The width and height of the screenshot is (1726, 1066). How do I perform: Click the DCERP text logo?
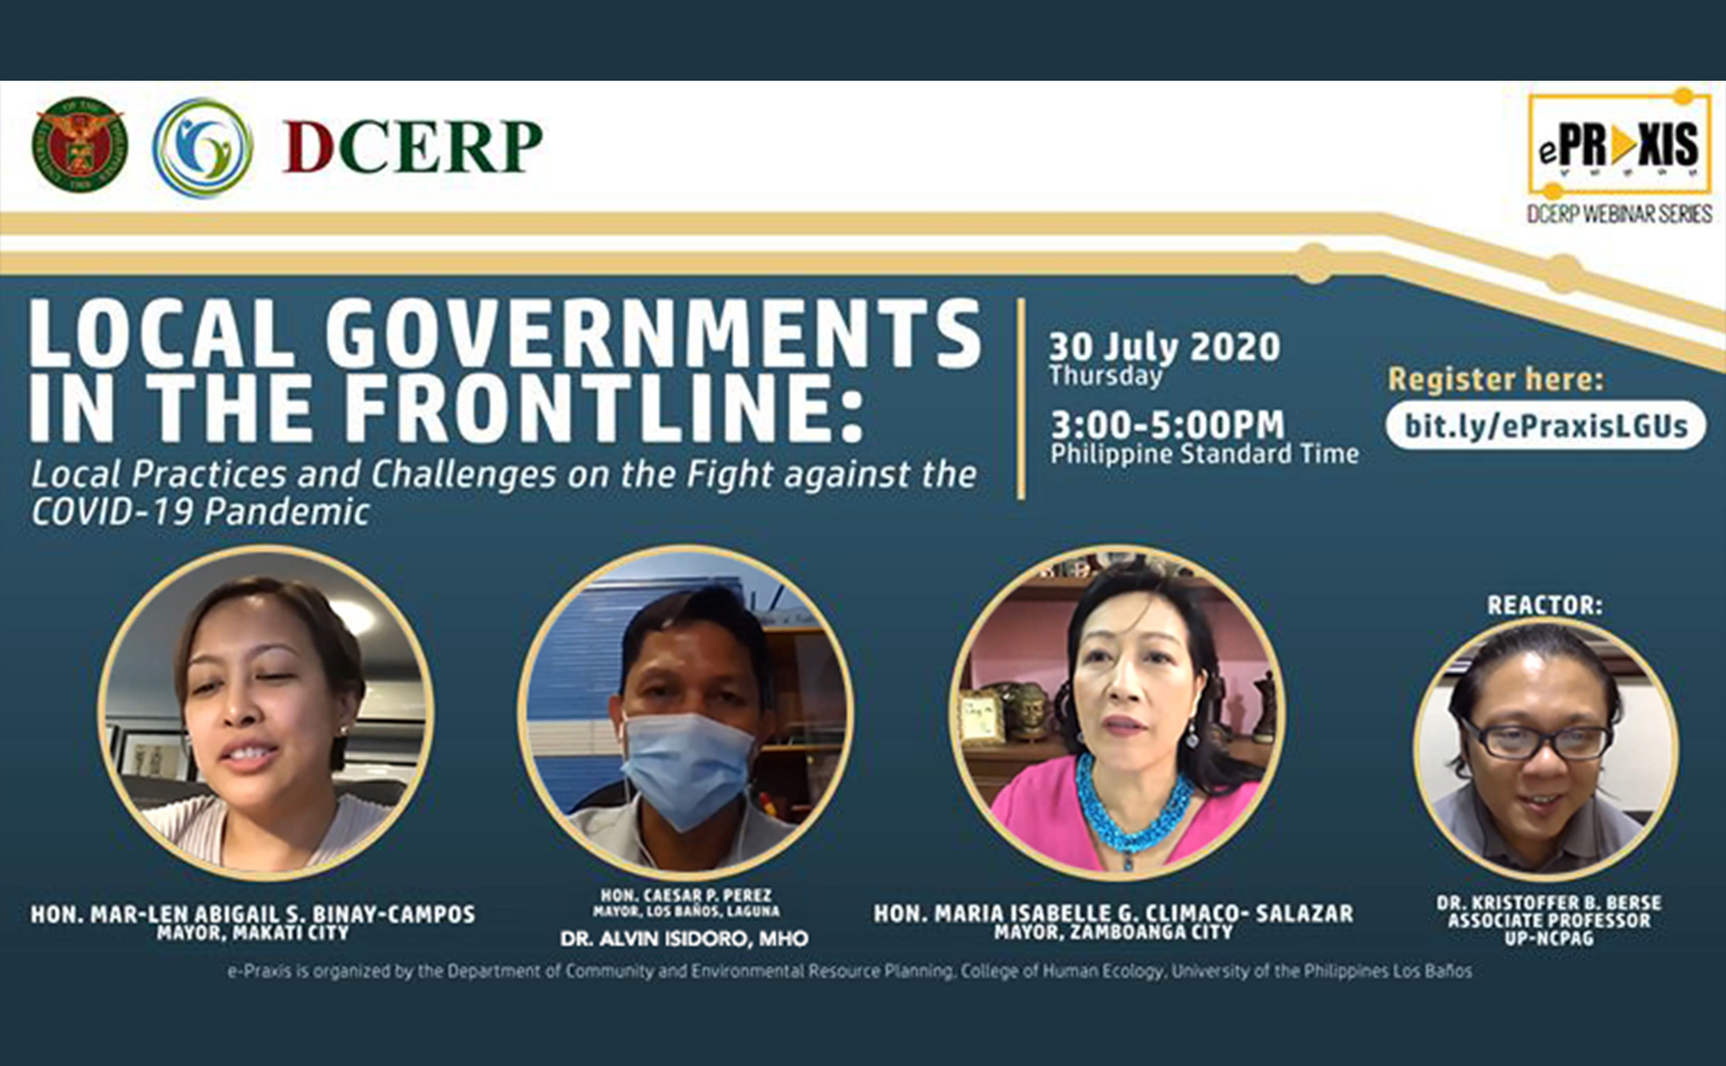coord(413,147)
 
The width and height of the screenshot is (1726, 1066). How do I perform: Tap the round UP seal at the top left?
coord(79,145)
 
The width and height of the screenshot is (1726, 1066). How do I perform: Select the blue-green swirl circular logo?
coord(203,148)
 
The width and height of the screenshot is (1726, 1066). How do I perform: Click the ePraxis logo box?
coord(1619,145)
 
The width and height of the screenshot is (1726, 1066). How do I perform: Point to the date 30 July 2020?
coord(1164,347)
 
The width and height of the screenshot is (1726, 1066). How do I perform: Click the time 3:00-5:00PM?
coord(1169,425)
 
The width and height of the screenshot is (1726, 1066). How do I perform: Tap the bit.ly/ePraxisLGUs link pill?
coord(1546,426)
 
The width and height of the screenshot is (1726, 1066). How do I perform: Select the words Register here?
coord(1496,379)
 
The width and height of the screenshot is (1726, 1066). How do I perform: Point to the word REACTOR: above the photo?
coord(1545,605)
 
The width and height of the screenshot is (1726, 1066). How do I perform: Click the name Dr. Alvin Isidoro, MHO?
coord(684,939)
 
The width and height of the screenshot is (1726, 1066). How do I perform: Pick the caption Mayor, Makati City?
coord(253,932)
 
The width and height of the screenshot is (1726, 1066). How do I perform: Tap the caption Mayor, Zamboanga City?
coord(1114,932)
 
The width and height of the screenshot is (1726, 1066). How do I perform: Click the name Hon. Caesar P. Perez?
coord(686,896)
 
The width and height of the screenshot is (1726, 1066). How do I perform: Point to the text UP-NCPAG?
coord(1549,939)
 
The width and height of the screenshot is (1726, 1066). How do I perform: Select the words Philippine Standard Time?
coord(1204,454)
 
